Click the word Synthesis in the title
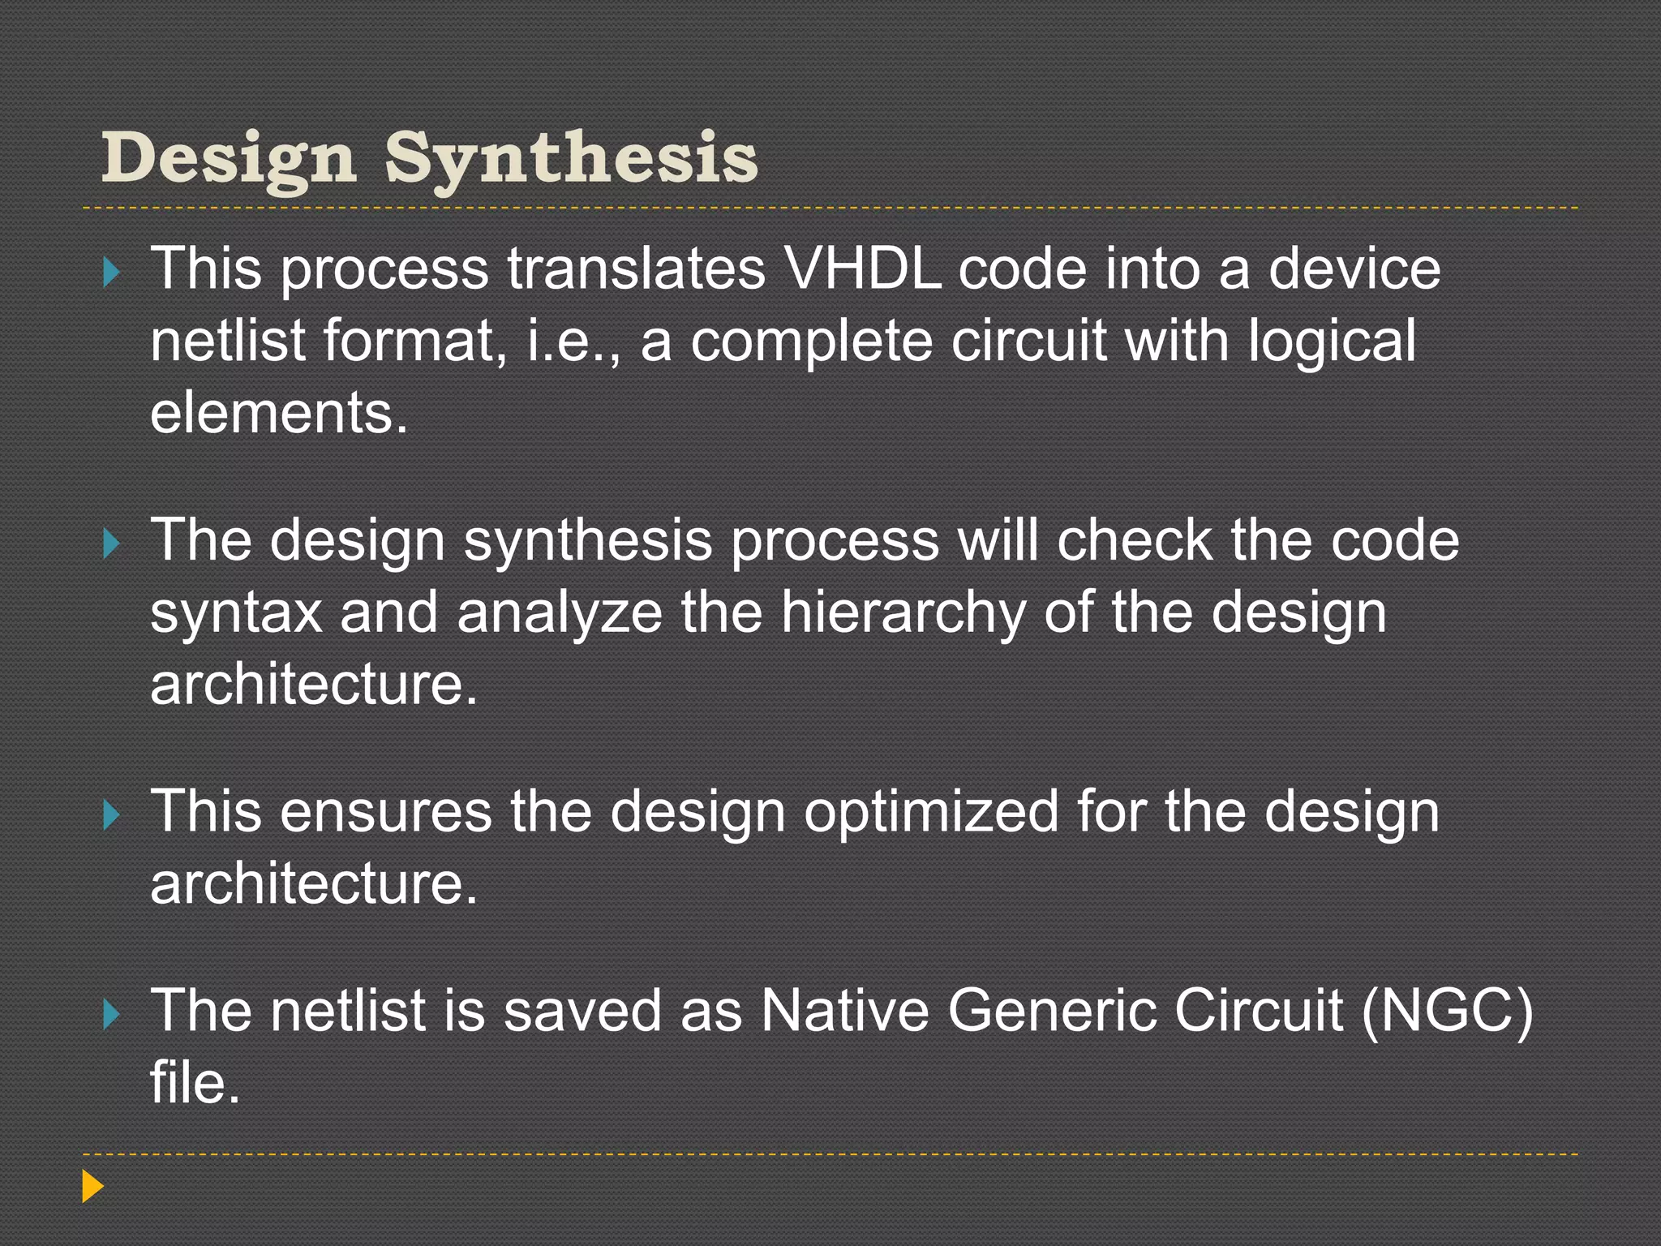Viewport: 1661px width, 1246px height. click(571, 158)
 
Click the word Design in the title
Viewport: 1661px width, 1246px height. click(229, 158)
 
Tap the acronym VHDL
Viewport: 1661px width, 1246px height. click(864, 269)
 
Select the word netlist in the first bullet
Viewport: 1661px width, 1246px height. click(228, 340)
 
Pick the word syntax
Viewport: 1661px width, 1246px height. click(236, 612)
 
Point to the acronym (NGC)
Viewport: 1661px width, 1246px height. click(1447, 1011)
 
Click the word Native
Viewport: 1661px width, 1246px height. click(843, 1011)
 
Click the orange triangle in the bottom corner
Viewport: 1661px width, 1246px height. click(92, 1186)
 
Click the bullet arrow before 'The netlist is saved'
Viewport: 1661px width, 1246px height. click(112, 1014)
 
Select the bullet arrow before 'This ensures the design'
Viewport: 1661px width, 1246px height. click(112, 814)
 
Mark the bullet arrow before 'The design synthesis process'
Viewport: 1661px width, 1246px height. click(112, 543)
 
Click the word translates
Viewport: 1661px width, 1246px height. click(637, 269)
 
